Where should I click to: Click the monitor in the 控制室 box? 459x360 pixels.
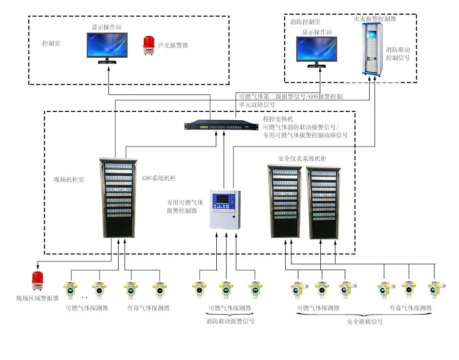[107, 46]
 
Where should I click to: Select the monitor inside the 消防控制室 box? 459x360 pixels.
[317, 50]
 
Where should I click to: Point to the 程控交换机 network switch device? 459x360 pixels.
[220, 126]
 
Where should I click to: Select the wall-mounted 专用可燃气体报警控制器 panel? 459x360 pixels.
[225, 209]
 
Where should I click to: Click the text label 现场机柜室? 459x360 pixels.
[69, 180]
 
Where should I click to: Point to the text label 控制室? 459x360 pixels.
[51, 43]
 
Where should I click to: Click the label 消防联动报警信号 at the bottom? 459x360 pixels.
[230, 321]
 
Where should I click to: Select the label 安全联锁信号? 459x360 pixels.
[365, 322]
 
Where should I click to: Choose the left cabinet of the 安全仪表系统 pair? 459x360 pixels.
[284, 201]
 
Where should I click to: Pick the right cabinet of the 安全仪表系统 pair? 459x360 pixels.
[323, 202]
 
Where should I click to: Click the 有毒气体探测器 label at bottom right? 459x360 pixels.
[410, 308]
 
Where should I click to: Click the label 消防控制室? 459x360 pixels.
[305, 22]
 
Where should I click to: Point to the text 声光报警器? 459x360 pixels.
[173, 45]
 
